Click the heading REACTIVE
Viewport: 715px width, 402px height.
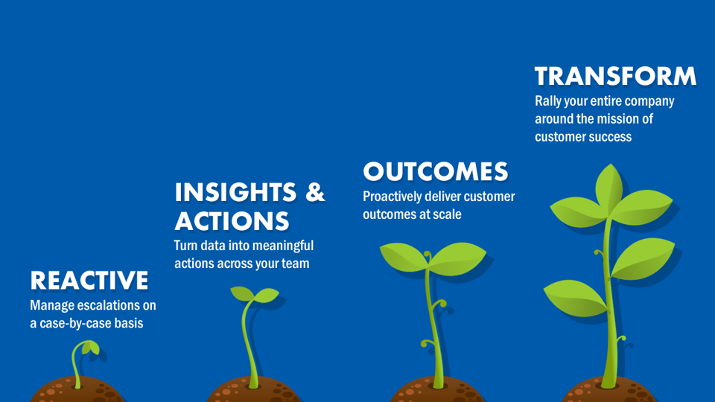(89, 281)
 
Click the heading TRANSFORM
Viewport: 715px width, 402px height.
(616, 76)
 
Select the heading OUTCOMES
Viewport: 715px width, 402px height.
(436, 172)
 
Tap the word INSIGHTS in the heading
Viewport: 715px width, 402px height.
(236, 192)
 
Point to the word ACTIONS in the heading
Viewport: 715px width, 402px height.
(232, 221)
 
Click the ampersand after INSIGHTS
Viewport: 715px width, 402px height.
(315, 192)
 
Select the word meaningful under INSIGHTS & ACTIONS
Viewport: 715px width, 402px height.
(283, 246)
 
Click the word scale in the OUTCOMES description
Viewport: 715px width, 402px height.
(447, 214)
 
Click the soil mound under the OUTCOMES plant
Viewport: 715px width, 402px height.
(437, 390)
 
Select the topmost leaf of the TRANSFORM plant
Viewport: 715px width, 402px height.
(609, 187)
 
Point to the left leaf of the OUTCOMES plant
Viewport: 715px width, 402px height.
(404, 257)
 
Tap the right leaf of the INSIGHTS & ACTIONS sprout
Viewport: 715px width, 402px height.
(267, 295)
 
